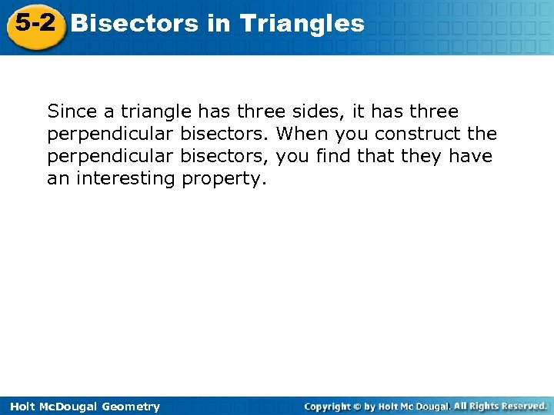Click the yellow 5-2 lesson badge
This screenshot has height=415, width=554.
coord(34,25)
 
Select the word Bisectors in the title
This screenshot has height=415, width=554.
coord(135,23)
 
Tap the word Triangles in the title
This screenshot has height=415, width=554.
coord(302,23)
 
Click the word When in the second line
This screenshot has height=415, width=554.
coord(301,134)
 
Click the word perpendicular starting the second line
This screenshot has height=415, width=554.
coord(111,134)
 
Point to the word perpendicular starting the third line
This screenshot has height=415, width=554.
coord(111,157)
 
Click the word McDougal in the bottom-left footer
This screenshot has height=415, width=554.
coord(68,407)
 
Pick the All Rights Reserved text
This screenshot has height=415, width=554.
coord(499,406)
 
